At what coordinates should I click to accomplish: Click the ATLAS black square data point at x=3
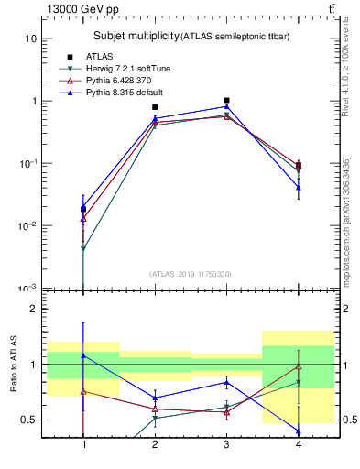click(226, 101)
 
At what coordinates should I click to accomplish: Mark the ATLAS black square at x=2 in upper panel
click(155, 107)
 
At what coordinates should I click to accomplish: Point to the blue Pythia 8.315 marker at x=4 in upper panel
click(298, 187)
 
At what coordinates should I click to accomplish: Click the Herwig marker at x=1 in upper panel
click(83, 249)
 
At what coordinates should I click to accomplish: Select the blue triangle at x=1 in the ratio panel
click(83, 355)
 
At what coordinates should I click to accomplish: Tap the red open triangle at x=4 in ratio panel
click(298, 366)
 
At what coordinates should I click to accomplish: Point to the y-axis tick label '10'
click(30, 39)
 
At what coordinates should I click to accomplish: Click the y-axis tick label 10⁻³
click(28, 289)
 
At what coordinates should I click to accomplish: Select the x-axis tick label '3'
click(226, 444)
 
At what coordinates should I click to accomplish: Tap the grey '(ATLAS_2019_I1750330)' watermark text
click(191, 274)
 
